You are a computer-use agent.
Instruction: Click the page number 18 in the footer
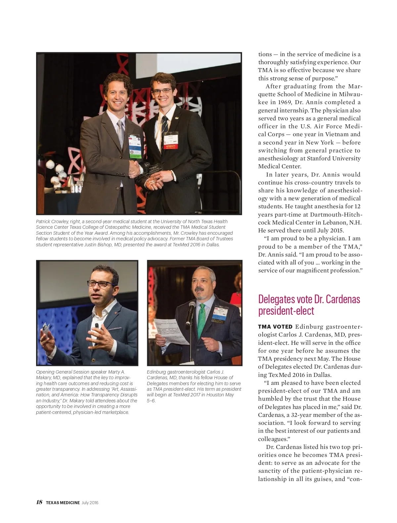pos(39,502)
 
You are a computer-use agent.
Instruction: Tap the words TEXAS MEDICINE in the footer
pos(63,503)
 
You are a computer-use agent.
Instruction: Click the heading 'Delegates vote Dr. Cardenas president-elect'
pos(309,305)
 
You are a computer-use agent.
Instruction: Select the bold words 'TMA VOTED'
pos(275,327)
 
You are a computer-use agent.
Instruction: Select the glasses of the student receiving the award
pos(162,91)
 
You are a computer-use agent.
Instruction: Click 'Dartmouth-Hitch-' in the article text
pos(336,214)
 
